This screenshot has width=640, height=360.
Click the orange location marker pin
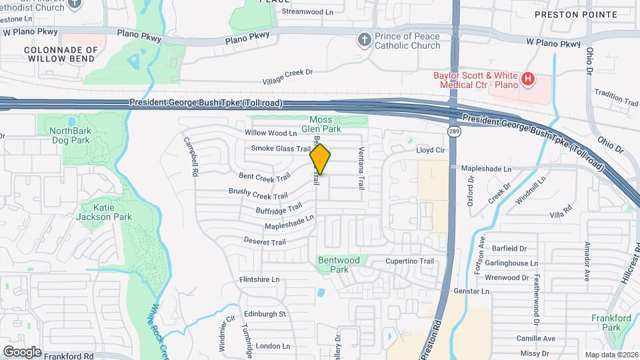click(321, 159)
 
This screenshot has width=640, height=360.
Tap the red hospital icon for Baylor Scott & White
click(528, 80)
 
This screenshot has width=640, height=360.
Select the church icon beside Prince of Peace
click(364, 40)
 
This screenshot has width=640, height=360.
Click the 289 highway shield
click(453, 132)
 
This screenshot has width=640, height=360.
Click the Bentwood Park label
click(339, 265)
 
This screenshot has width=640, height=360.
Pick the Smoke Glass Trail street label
click(281, 148)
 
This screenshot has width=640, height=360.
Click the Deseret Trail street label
click(265, 241)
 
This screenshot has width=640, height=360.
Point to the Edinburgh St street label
click(265, 313)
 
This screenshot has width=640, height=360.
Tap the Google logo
click(22, 351)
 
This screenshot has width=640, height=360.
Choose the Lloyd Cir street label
click(430, 151)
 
